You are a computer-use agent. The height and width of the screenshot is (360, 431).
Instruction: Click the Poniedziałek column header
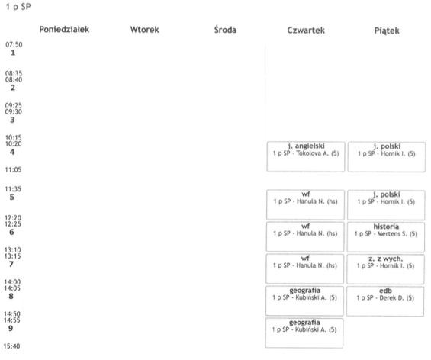(64, 30)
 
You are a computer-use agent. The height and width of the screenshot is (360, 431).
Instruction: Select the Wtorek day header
(145, 30)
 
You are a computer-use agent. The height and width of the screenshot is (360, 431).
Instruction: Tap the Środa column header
(225, 30)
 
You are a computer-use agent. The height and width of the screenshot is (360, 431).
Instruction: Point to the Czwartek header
(306, 31)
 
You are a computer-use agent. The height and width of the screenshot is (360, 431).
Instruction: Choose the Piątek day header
(387, 31)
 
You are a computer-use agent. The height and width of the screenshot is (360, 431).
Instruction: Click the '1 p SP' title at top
(18, 7)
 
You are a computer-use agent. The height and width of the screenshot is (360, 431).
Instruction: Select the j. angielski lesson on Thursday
(306, 156)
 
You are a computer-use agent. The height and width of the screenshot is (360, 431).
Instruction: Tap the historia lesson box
(386, 237)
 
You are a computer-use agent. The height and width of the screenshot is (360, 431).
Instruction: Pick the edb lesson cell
(385, 301)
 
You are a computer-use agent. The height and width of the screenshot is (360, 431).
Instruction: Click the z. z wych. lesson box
(386, 269)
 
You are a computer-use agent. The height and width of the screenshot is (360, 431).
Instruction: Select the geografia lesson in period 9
(304, 333)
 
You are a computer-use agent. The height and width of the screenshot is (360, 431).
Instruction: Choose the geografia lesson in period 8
(304, 301)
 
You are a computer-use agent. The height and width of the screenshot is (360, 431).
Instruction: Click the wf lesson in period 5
(305, 204)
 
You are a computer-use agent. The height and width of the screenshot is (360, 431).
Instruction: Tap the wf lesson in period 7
(305, 268)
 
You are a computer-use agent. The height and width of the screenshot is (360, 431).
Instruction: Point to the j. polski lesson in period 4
(387, 157)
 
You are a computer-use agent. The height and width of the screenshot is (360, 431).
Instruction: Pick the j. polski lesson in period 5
(386, 205)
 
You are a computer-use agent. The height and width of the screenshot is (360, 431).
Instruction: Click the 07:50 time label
(14, 44)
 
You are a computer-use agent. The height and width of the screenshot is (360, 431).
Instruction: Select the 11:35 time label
(13, 189)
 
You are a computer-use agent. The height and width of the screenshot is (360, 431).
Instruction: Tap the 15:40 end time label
(11, 346)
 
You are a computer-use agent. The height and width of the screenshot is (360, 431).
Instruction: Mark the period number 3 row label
(12, 120)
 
